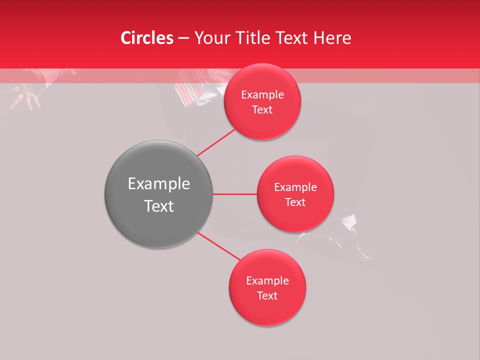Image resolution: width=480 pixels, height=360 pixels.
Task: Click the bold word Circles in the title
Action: coord(147,38)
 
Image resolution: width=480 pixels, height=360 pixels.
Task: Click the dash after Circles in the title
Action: coord(183,38)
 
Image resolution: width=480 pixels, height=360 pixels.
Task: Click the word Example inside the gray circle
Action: coord(159,184)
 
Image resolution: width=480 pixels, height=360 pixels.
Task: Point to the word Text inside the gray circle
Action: coord(159,206)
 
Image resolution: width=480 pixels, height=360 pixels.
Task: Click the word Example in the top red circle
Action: coord(262,95)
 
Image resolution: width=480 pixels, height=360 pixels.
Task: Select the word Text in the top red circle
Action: coord(262,110)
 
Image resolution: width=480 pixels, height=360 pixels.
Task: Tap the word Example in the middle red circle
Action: coord(295,187)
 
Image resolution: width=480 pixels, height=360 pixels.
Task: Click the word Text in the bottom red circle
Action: coord(267,296)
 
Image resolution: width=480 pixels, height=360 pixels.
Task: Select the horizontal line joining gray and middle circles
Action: coord(235,194)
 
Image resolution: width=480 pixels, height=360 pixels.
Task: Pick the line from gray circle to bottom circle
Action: coord(218,246)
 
